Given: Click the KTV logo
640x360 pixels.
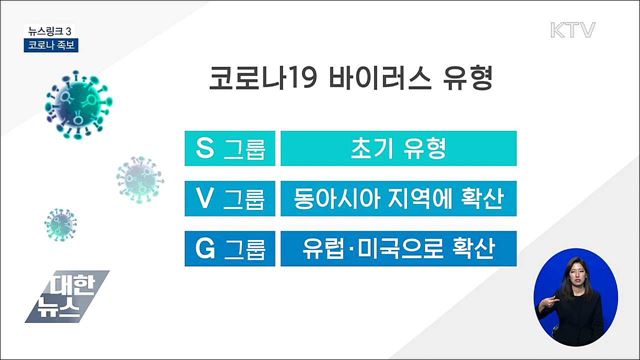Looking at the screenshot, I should [x=572, y=29].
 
